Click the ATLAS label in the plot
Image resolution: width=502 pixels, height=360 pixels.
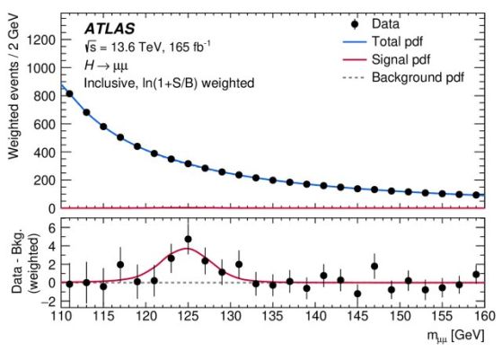pos(110,29)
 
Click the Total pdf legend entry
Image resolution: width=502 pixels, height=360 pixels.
pos(383,41)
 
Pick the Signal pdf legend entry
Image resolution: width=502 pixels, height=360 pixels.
pos(387,59)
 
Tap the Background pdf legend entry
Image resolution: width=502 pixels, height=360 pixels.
pos(403,77)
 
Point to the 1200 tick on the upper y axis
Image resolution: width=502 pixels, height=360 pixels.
pos(41,40)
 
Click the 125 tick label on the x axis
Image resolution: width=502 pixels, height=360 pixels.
pos(189,316)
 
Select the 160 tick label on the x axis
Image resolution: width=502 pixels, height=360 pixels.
pos(484,316)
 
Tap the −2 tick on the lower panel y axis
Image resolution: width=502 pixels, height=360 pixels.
pos(48,302)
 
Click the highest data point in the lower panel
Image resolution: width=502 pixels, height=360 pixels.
pos(189,239)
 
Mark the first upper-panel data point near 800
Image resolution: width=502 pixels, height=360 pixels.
pos(69,93)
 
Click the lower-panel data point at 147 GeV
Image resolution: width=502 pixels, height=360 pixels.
pos(374,267)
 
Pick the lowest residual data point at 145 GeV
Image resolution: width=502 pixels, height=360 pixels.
pos(357,294)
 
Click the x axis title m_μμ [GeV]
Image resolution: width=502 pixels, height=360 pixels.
pos(456,336)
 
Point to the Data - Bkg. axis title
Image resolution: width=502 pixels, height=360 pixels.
pos(18,261)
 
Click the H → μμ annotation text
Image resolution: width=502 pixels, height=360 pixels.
pos(106,66)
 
